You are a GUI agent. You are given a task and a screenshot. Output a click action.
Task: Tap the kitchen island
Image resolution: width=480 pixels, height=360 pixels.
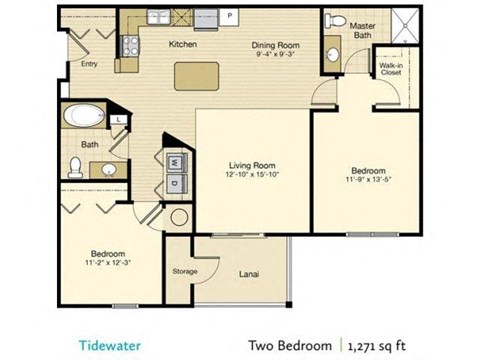click(196, 76)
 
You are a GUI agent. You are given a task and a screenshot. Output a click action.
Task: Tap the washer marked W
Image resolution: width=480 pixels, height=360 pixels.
click(172, 161)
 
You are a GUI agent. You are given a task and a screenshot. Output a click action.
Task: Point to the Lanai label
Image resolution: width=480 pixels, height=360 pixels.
click(250, 270)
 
